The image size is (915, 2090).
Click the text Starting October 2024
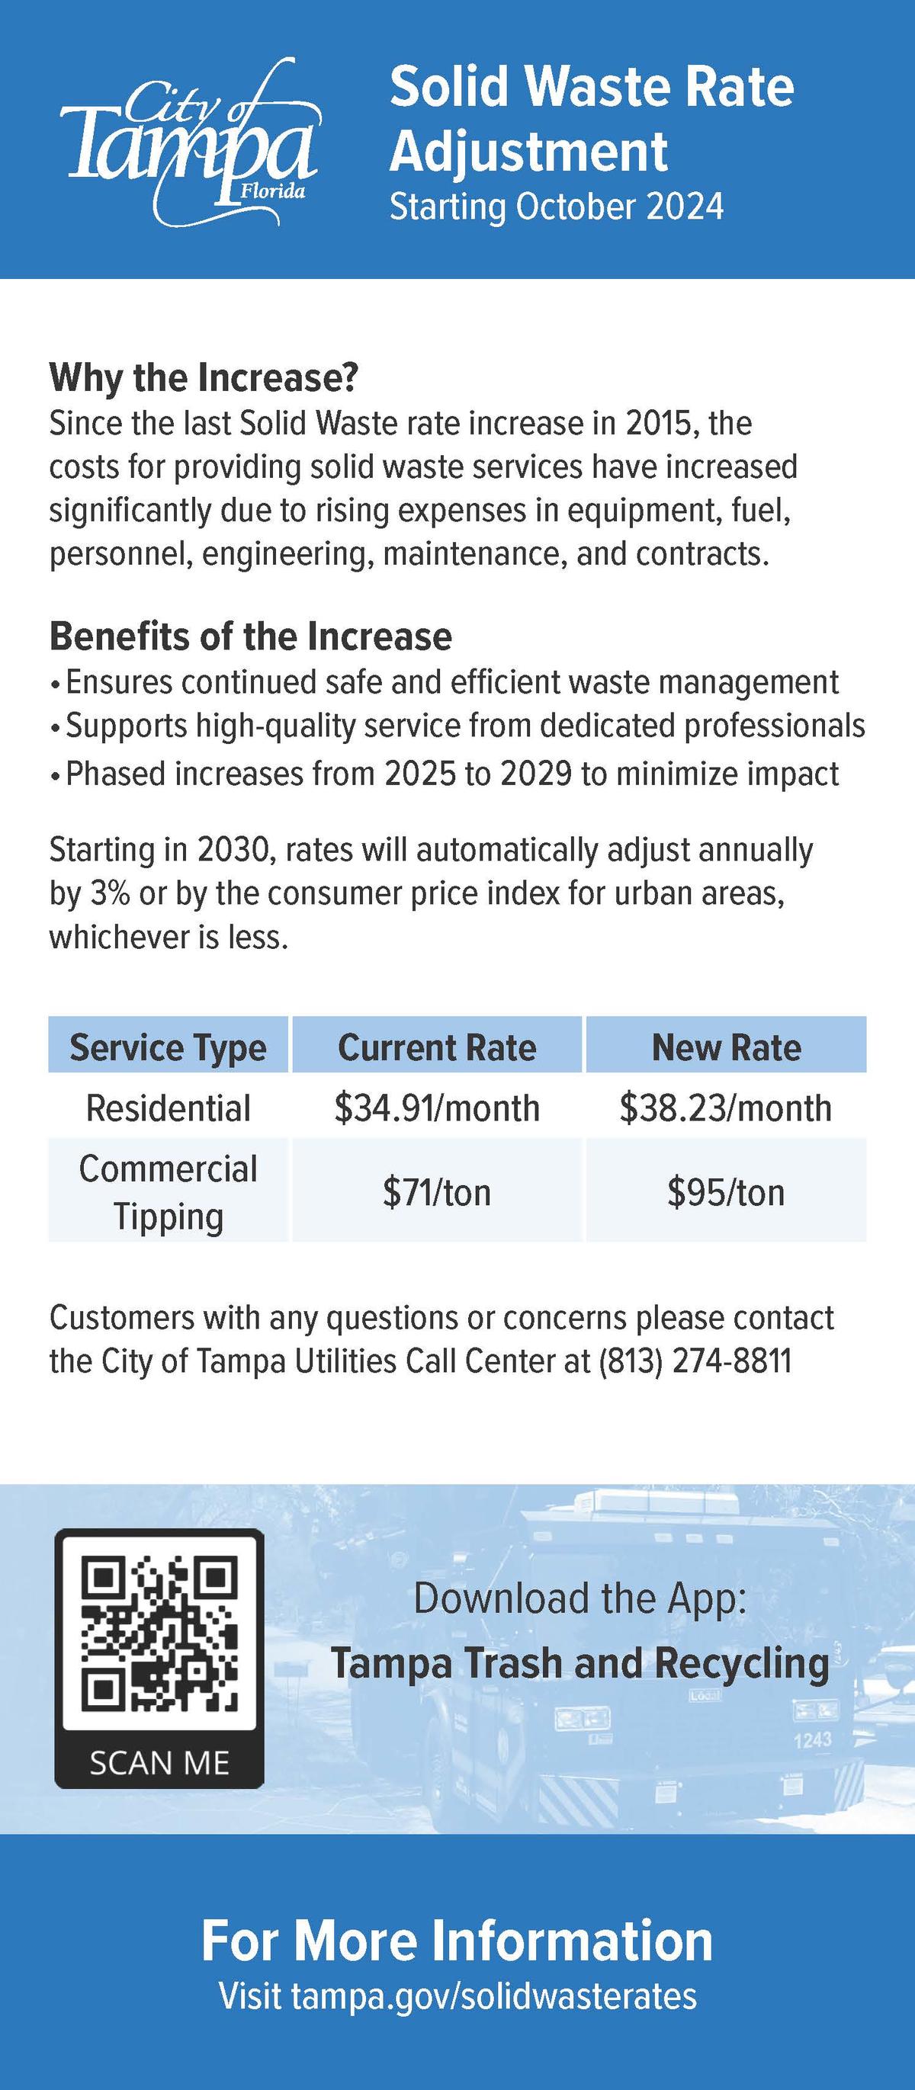point(556,207)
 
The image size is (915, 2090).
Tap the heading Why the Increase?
point(204,377)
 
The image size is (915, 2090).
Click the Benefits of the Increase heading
point(250,636)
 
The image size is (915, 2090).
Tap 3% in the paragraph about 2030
point(110,893)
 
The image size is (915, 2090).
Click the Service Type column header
point(168,1047)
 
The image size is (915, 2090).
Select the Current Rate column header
point(437,1047)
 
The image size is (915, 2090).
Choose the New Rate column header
point(726,1047)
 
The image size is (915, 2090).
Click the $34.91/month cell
point(437,1108)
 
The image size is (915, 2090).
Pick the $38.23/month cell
point(726,1108)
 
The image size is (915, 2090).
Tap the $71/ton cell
point(437,1193)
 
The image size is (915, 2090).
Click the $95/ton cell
point(726,1193)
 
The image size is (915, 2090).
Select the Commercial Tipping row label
point(168,1192)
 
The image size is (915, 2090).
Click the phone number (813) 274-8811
point(695,1361)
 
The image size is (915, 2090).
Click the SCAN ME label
point(159,1762)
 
